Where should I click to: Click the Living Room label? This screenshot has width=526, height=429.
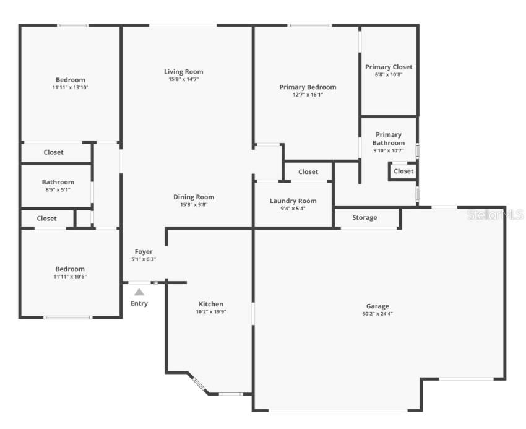click(183, 72)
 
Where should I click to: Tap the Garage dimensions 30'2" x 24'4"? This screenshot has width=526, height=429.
click(377, 314)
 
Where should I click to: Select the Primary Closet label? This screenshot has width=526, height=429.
click(389, 67)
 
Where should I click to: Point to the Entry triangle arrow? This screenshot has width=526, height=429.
click(139, 292)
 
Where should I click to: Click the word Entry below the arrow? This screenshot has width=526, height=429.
click(139, 303)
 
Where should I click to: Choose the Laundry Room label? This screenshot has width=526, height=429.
click(293, 201)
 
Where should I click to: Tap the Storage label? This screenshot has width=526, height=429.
click(364, 217)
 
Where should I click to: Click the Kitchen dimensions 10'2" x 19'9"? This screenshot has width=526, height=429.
click(211, 312)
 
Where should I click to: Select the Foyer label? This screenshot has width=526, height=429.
click(144, 251)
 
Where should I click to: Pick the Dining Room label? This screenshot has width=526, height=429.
click(194, 197)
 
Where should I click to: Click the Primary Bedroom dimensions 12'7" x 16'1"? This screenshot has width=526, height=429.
click(308, 95)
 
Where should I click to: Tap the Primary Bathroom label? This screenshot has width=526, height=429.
click(389, 139)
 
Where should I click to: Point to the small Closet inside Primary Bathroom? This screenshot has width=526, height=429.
click(403, 171)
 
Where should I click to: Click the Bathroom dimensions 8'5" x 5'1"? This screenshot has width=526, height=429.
click(58, 189)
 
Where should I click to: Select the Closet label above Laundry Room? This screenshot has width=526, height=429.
click(308, 171)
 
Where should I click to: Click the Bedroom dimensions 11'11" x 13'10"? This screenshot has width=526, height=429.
click(71, 88)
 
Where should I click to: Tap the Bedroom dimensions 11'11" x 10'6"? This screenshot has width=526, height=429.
click(70, 277)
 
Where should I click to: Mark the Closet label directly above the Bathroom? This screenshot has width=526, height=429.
click(53, 152)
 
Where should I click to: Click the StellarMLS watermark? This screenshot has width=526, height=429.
click(495, 215)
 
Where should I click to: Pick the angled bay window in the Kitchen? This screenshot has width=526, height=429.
click(198, 384)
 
